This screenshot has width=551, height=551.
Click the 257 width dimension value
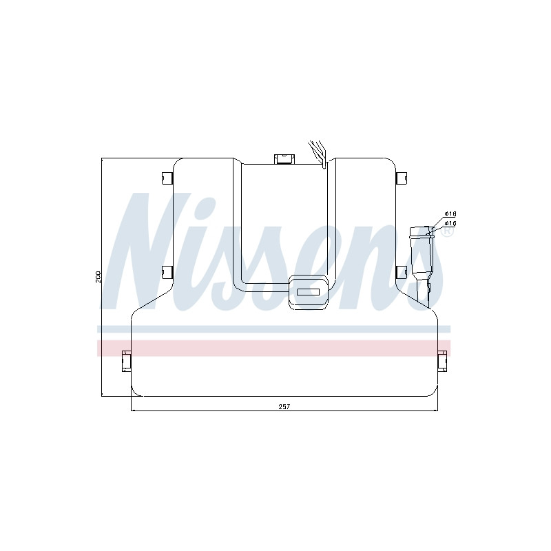point(284,406)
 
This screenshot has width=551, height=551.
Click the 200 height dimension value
point(98,277)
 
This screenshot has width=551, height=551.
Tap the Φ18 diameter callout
point(450,214)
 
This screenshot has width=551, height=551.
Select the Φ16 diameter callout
point(450,223)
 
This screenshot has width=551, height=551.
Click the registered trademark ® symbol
point(447,231)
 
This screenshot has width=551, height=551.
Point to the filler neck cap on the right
point(421,231)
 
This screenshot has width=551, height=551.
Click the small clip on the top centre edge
point(284,159)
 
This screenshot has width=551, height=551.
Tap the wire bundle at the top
point(318,154)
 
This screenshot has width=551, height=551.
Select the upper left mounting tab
point(167,178)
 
